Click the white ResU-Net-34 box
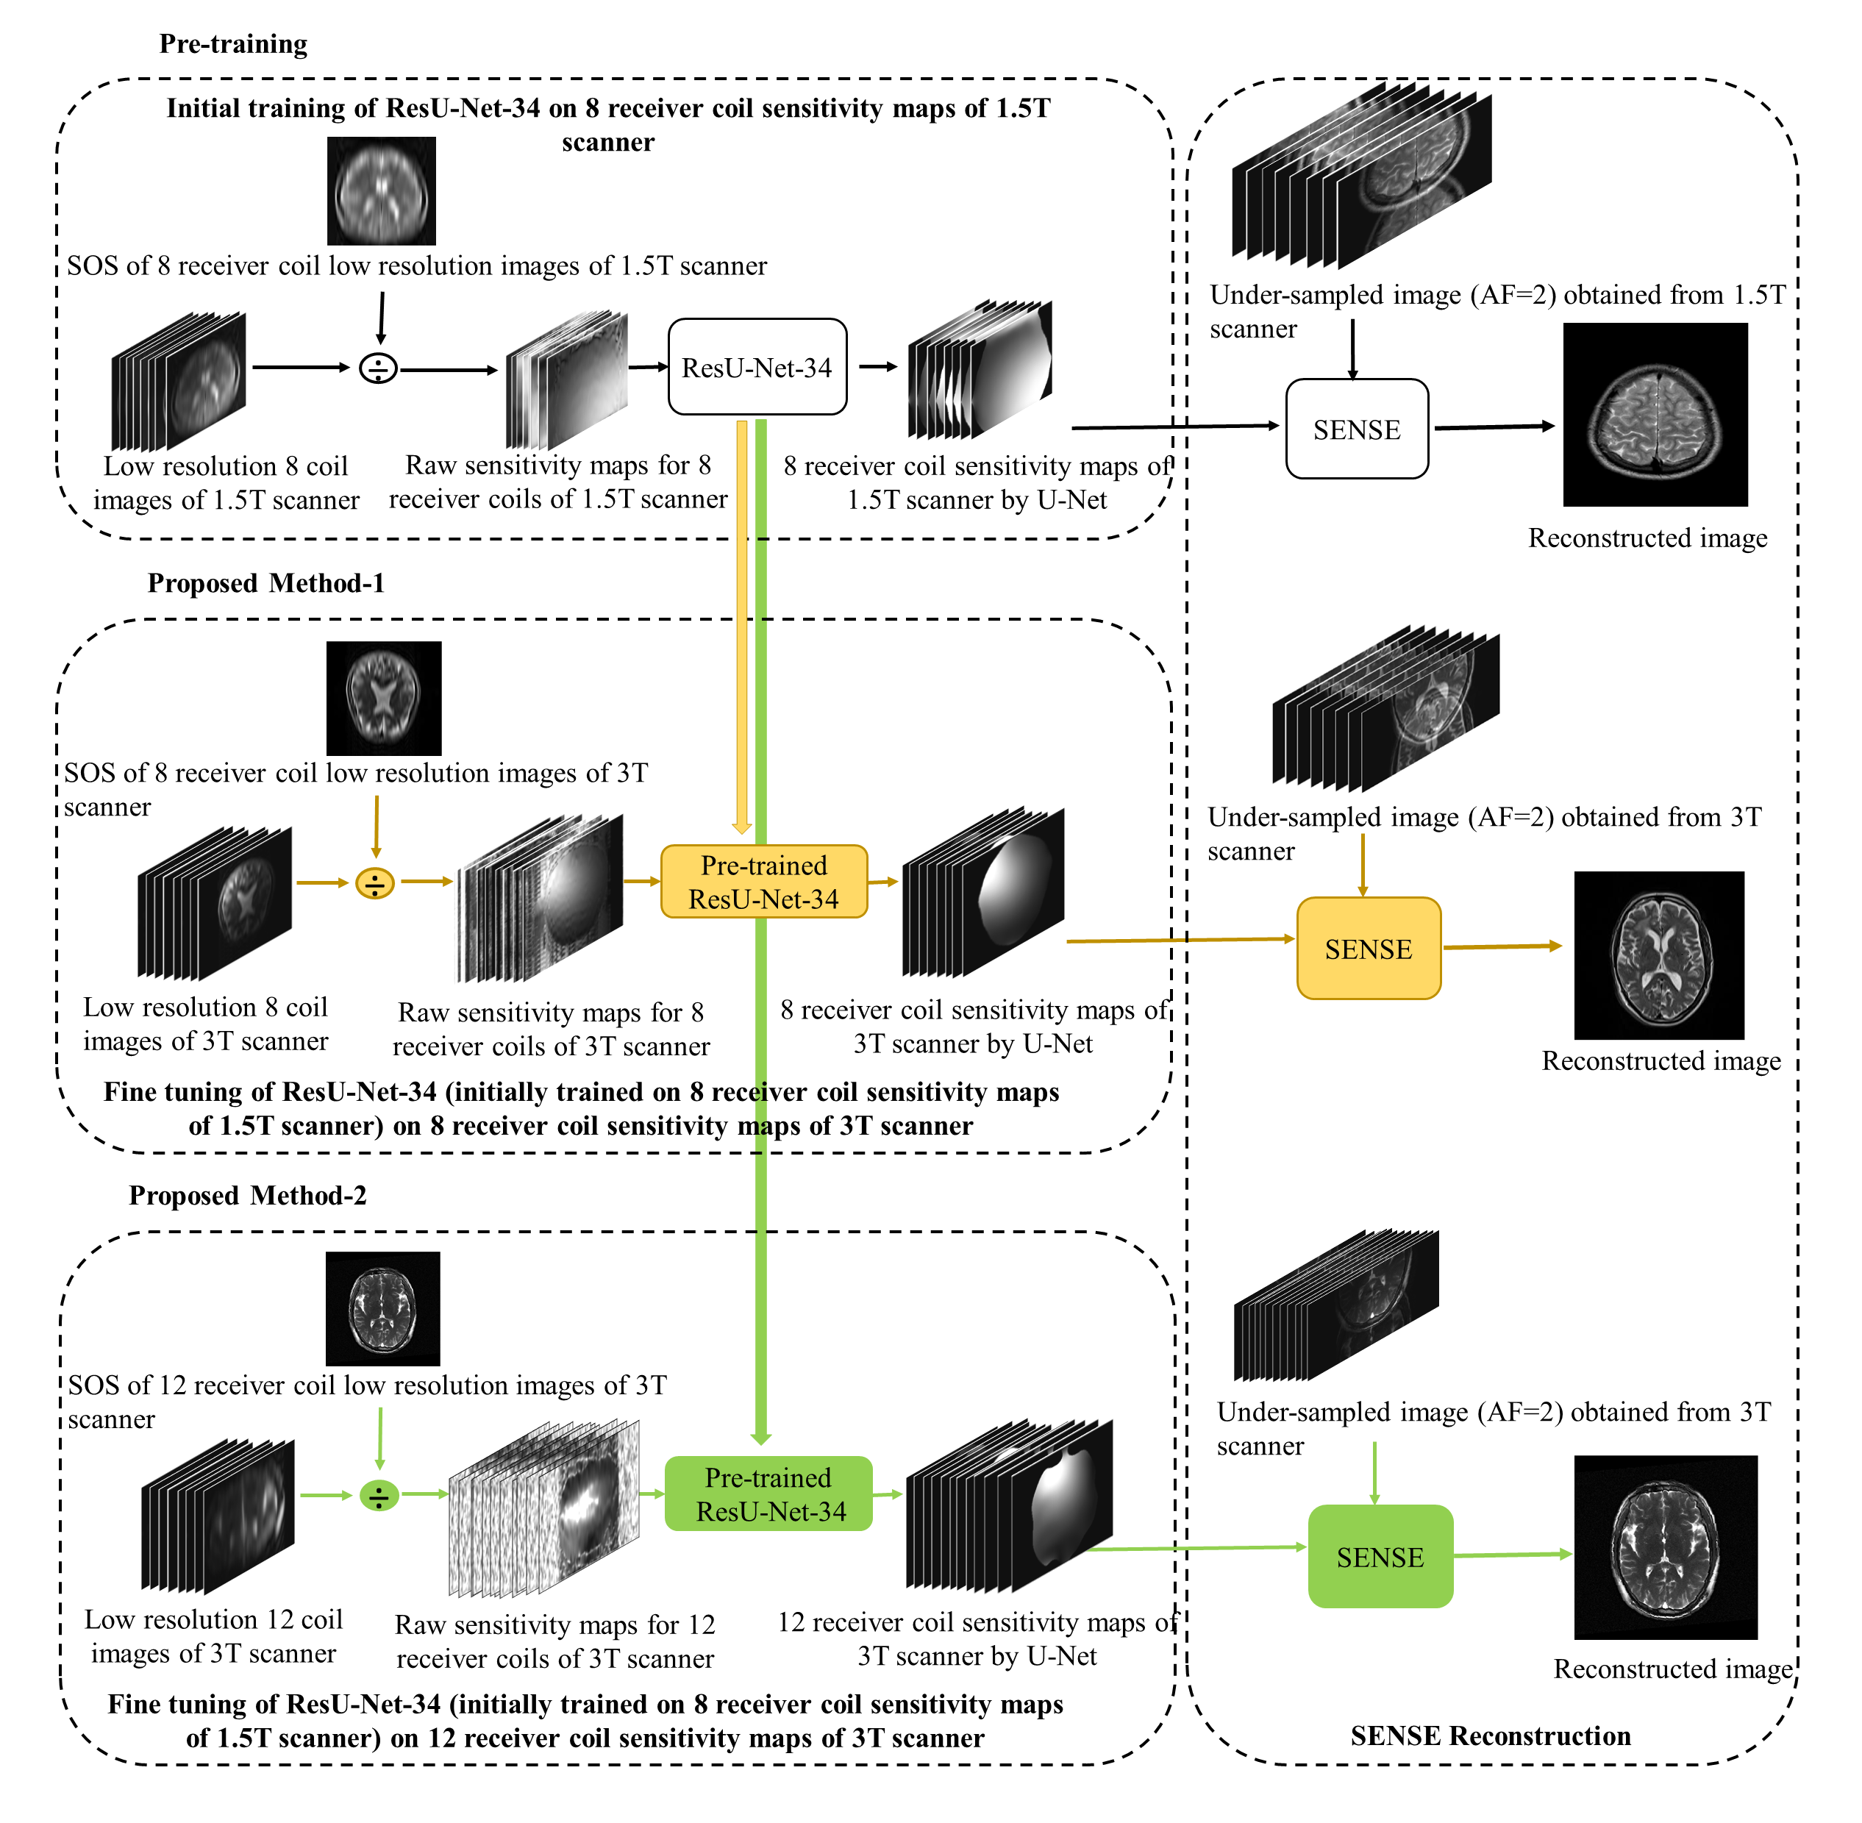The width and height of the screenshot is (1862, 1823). click(756, 367)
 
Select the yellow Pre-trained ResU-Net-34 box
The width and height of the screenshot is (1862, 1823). click(763, 882)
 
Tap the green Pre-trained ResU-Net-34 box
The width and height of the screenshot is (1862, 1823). click(768, 1494)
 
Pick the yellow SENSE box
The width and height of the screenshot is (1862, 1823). click(1368, 948)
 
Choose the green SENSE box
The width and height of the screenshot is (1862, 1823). click(1380, 1557)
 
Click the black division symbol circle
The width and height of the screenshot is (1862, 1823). click(378, 368)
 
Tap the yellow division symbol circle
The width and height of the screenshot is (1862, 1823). click(375, 882)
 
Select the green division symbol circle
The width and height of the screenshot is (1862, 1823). click(379, 1496)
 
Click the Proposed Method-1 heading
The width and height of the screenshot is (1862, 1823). click(265, 583)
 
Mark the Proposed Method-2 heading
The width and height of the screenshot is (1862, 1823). click(247, 1195)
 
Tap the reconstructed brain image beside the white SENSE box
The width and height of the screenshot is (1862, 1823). click(1655, 415)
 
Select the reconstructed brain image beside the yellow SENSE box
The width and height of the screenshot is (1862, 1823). click(1658, 955)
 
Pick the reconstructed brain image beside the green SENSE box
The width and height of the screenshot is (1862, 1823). click(1665, 1548)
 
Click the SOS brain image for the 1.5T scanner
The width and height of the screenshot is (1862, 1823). click(381, 190)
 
